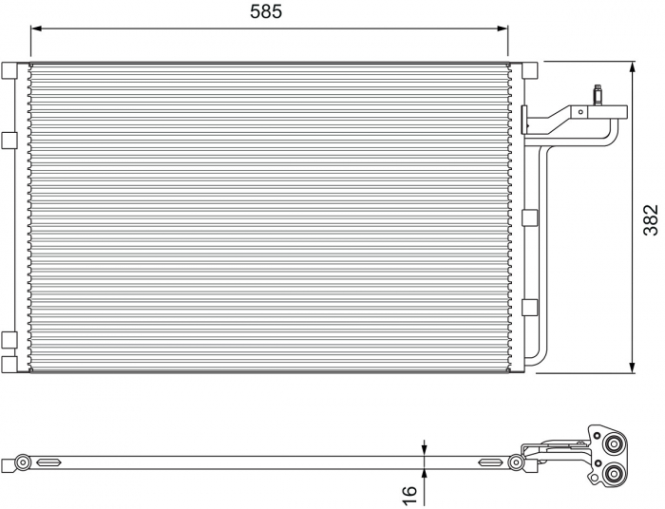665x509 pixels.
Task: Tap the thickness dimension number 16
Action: (409, 495)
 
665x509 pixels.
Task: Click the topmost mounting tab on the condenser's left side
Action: (9, 70)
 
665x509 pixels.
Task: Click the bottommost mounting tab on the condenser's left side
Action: (9, 364)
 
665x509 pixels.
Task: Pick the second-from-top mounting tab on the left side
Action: (9, 140)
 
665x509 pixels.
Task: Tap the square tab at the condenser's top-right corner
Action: (530, 70)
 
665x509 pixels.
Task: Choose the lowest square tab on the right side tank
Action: (530, 307)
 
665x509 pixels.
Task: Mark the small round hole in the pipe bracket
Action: (579, 111)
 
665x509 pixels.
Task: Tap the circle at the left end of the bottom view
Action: (20, 462)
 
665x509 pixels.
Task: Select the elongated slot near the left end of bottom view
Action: (47, 462)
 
